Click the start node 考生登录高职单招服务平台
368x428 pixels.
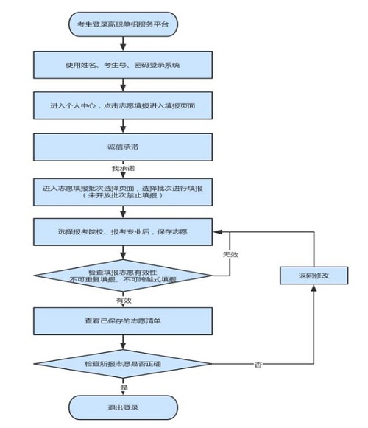tap(123, 24)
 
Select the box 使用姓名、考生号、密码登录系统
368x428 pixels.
tap(123, 65)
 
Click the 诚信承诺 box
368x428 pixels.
tap(123, 146)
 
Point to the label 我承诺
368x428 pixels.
tap(123, 169)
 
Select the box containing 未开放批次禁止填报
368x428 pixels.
tap(123, 192)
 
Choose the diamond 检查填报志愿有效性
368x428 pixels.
tap(123, 276)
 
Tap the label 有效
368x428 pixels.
tap(123, 301)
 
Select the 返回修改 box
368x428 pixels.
tap(312, 276)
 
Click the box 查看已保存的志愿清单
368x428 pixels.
tap(123, 322)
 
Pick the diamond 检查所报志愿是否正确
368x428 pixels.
tap(123, 364)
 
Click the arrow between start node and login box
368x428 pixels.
tap(123, 44)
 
